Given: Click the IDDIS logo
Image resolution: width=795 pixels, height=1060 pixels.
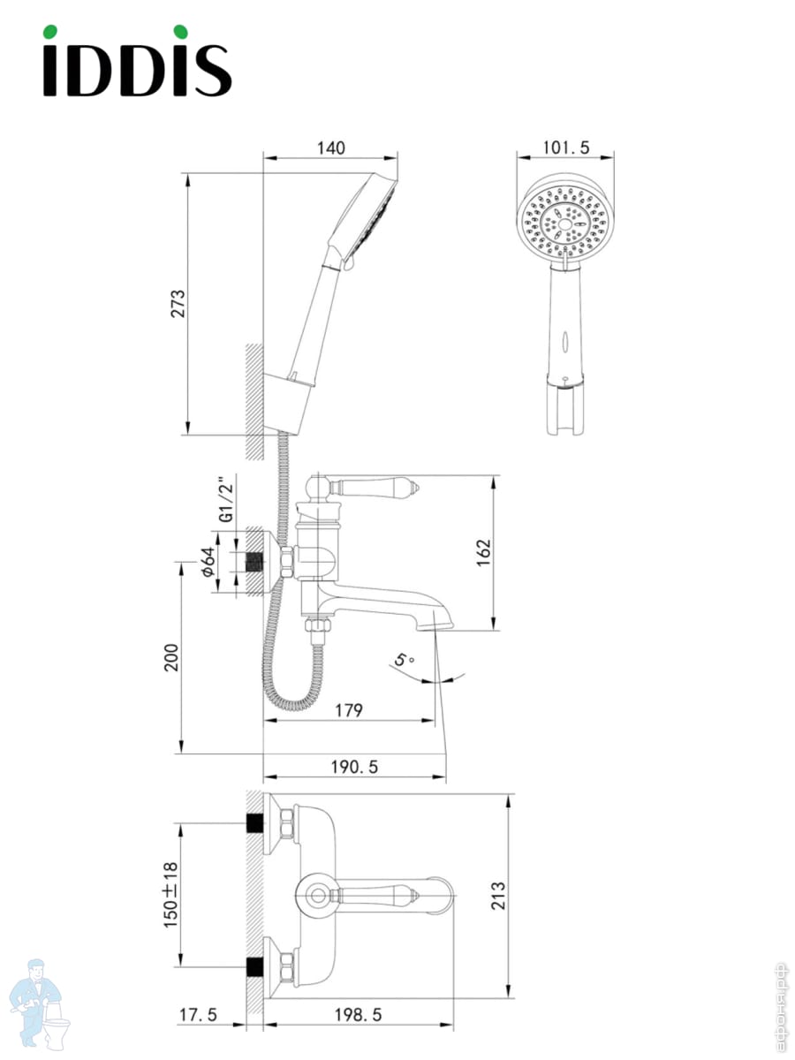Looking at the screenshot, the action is click(137, 61).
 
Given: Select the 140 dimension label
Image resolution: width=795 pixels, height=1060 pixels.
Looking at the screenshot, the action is click(331, 148).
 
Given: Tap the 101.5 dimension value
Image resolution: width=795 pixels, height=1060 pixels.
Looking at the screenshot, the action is click(566, 148).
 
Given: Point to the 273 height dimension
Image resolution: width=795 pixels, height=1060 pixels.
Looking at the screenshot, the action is click(178, 303).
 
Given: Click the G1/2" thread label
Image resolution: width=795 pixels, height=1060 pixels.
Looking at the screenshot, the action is click(226, 500).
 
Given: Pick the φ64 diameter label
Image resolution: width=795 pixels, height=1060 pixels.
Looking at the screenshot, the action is click(208, 562).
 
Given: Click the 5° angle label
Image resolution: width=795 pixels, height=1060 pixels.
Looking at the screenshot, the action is click(404, 659).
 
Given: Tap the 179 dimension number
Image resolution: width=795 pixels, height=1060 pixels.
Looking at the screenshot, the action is click(349, 710).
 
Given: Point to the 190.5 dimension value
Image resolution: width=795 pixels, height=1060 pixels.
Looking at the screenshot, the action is click(354, 767).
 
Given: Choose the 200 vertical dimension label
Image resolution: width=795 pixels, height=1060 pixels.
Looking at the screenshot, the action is click(170, 657).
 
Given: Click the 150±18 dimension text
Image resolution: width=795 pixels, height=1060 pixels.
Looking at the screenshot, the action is click(170, 894).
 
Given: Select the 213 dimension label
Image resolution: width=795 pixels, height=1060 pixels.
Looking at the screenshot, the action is click(498, 896).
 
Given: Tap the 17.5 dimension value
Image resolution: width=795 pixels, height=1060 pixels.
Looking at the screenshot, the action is click(198, 1015).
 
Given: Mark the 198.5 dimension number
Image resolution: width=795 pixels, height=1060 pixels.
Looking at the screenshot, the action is click(358, 1015).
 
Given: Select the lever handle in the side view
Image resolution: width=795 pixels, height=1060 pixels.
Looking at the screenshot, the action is click(375, 488).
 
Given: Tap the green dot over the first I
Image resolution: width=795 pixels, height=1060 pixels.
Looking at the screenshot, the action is click(49, 32).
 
